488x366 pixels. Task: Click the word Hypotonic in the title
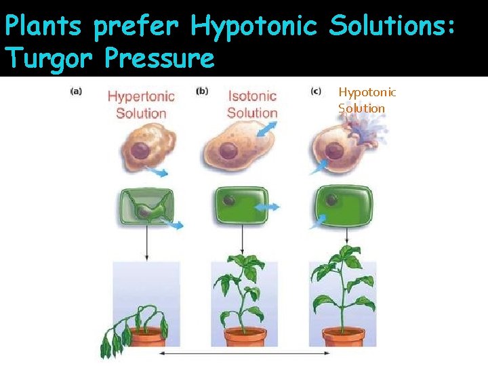point(255,27)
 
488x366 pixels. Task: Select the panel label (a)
point(76,92)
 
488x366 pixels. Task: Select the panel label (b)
point(202,91)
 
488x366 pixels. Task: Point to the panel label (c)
point(316,91)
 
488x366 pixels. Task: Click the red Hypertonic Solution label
point(141,105)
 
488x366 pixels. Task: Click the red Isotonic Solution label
point(252,105)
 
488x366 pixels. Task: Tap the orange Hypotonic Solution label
point(367,100)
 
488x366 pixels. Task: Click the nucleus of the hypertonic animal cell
point(141,150)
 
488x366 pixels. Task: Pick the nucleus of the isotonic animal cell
point(230,150)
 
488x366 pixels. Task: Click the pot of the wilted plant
point(148,337)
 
